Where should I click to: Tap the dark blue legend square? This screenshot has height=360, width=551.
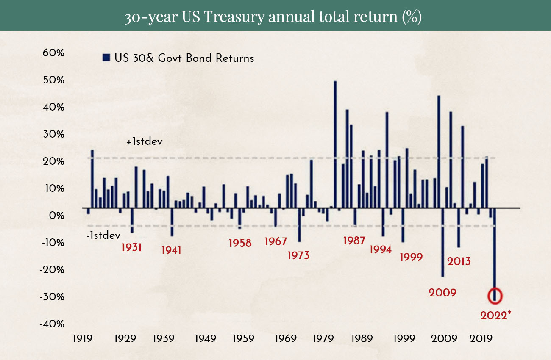pos(106,58)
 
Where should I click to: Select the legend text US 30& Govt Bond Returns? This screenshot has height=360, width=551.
pos(184,58)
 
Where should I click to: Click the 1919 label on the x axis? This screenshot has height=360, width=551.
pos(83,339)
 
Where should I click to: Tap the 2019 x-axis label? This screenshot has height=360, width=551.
pos(482,339)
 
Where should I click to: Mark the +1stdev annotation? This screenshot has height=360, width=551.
pos(145,142)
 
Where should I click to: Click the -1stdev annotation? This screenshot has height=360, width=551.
pos(103,235)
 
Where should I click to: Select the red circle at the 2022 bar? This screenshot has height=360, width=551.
pos(495,295)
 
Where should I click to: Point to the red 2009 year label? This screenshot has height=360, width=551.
pos(442,293)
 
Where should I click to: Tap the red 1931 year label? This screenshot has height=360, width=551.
pos(132,247)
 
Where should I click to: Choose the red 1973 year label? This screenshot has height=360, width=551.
pos(298,256)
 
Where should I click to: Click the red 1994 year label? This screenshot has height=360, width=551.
pos(380,250)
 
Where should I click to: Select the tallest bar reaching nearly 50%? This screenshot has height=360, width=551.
pos(335,144)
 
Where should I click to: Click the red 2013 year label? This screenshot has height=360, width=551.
pos(459,261)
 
